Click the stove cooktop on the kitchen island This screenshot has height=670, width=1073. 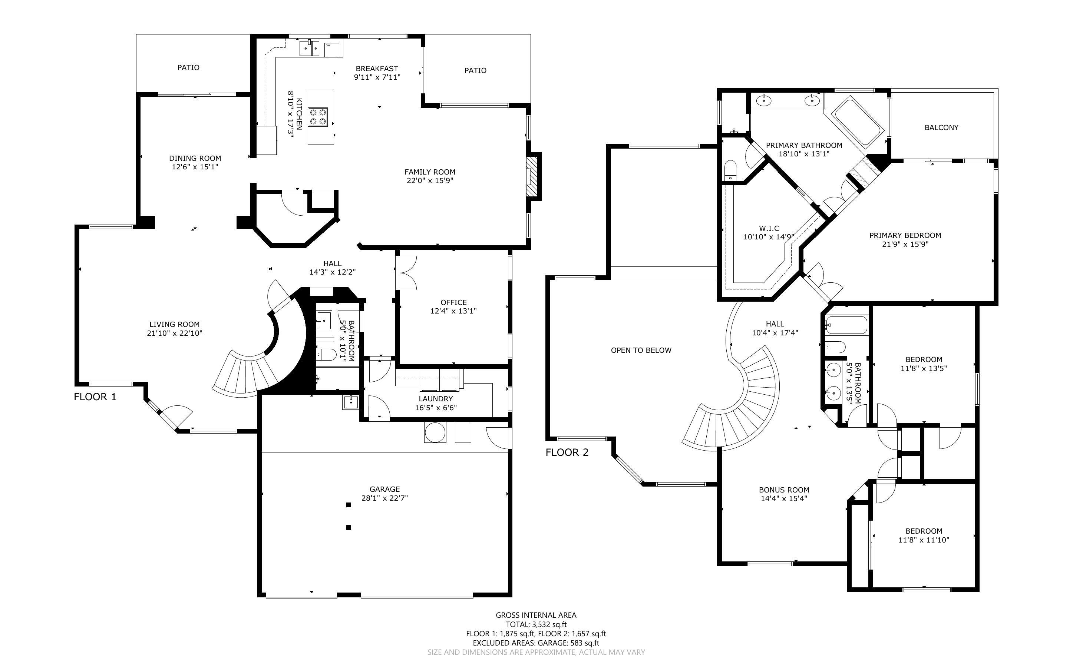318,116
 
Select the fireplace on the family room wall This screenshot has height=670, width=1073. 532,176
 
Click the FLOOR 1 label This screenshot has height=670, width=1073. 95,397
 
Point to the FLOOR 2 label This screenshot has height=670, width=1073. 567,452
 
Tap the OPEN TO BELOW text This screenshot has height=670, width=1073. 641,350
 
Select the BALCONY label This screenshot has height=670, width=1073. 941,127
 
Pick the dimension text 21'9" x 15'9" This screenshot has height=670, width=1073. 905,244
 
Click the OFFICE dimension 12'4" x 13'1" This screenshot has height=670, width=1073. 453,311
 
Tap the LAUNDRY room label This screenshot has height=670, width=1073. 436,399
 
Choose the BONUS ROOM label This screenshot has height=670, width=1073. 784,490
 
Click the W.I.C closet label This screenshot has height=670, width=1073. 769,228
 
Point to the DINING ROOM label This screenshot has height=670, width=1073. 195,158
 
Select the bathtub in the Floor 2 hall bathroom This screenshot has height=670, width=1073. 846,326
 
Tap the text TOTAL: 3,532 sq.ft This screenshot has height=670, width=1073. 536,624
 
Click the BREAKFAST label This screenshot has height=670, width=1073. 377,69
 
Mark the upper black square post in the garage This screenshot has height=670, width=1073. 349,505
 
